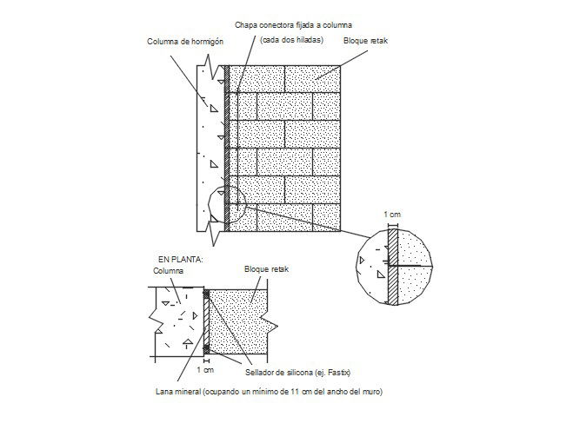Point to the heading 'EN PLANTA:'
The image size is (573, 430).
click(178, 259)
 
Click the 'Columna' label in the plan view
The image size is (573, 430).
click(169, 270)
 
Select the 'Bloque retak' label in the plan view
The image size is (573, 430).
click(267, 270)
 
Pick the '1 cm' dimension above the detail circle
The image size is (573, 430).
click(393, 213)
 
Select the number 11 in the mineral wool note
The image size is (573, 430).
click(297, 392)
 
